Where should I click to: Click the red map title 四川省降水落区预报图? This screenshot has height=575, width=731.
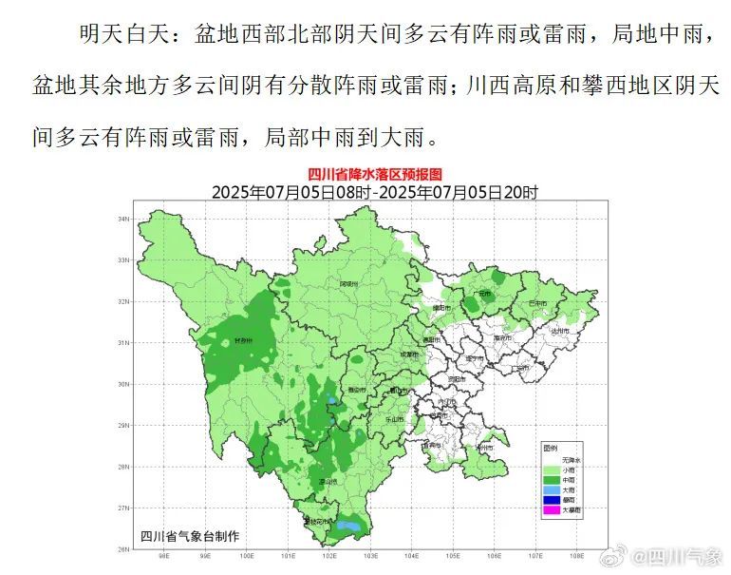point(375,175)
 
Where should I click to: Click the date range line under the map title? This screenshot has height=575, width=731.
point(374,192)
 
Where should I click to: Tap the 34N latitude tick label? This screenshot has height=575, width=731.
point(122,219)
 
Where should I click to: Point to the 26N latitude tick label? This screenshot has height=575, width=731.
point(122,548)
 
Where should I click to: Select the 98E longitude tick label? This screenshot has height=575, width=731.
point(163,557)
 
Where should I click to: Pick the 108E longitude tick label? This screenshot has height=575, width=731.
point(575,557)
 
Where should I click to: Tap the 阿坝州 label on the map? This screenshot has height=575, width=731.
point(349,283)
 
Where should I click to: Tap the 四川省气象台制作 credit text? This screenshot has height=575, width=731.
point(190,536)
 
